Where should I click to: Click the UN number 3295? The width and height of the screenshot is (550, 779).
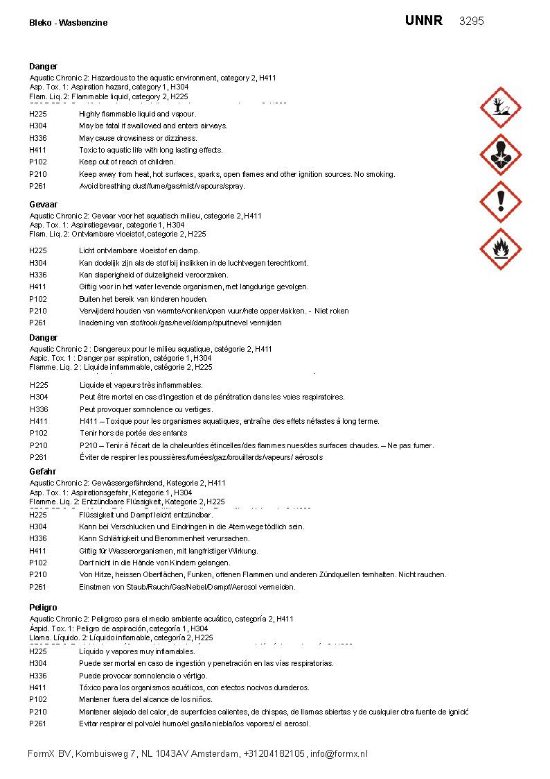[471, 21]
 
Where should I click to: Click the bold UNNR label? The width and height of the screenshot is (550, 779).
[423, 21]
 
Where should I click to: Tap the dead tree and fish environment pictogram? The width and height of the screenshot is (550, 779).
[501, 108]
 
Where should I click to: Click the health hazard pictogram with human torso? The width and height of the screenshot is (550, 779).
[501, 154]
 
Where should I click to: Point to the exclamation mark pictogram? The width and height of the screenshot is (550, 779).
[501, 201]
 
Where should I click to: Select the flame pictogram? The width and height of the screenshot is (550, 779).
[501, 248]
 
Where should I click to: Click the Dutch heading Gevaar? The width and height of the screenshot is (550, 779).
[44, 205]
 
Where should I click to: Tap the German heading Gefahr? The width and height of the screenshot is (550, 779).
[42, 472]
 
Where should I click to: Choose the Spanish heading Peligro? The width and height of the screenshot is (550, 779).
[43, 608]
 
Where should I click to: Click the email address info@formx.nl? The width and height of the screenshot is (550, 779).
[339, 754]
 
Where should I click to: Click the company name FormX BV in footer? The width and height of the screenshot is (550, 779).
[49, 754]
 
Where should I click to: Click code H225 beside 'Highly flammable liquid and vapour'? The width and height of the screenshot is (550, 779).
[38, 114]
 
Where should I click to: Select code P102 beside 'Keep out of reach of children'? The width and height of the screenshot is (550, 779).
[38, 162]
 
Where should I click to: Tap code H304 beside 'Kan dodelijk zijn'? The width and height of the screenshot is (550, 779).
[38, 263]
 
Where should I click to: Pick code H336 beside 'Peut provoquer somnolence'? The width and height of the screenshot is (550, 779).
[39, 409]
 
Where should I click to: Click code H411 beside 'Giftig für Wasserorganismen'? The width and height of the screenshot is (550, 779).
[38, 551]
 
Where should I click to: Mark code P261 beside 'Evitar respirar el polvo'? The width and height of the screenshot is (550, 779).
[38, 724]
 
